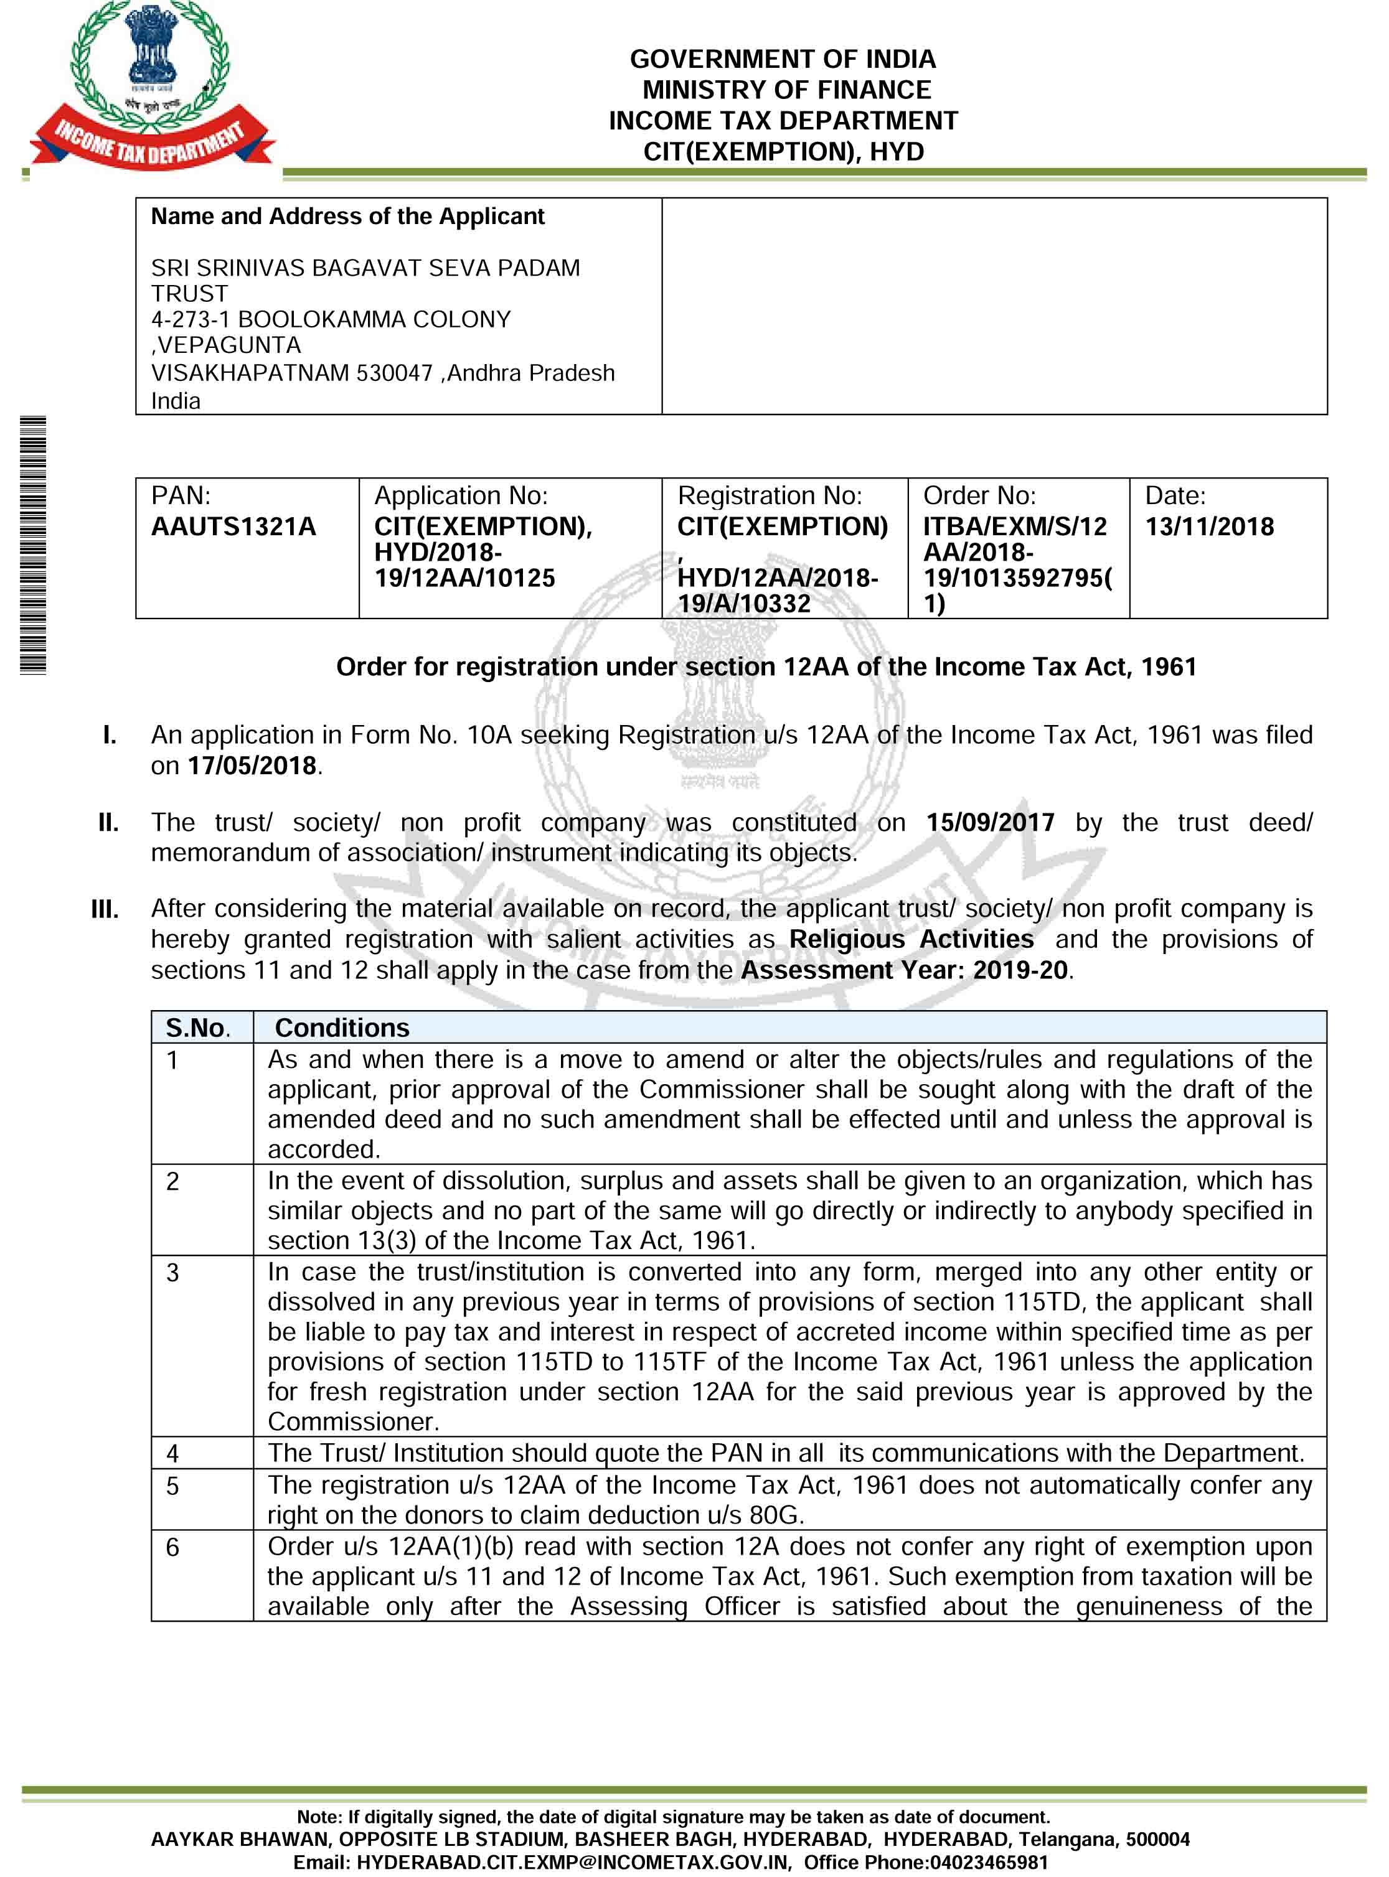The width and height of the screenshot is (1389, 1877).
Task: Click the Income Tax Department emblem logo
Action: (x=152, y=84)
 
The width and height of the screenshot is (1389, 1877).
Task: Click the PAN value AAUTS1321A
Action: (x=233, y=527)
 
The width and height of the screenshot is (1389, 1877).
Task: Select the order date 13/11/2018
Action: (x=1209, y=527)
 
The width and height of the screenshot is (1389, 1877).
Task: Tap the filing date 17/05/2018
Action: (x=252, y=765)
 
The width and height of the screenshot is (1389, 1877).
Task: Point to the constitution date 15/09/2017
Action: (x=990, y=822)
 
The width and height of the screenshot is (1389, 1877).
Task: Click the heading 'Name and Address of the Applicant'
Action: (x=347, y=217)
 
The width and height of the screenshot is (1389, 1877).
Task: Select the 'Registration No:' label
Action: (x=770, y=496)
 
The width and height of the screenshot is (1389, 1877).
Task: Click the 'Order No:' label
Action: (x=979, y=496)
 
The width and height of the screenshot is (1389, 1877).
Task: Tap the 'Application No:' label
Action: (x=461, y=496)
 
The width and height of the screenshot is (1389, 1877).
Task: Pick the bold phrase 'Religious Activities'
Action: (x=911, y=939)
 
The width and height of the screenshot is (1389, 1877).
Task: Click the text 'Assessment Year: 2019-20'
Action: (x=905, y=970)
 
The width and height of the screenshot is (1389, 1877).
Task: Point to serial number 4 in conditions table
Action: (x=172, y=1453)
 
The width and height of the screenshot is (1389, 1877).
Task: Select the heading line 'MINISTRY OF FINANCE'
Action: (x=786, y=90)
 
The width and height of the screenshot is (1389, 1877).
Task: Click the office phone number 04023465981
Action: (x=988, y=1863)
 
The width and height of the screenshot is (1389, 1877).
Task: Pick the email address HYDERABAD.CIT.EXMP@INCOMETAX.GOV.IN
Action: (x=573, y=1863)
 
